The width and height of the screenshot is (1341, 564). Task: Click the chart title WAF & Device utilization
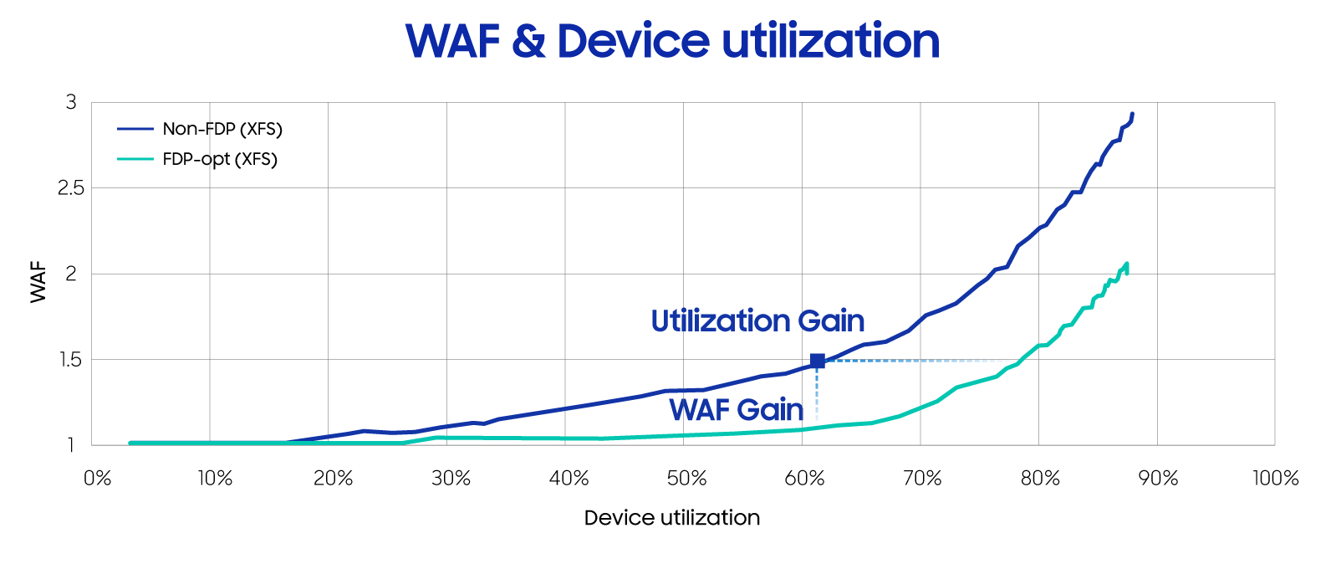[x=672, y=41]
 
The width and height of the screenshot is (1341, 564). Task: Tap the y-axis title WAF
[x=38, y=282]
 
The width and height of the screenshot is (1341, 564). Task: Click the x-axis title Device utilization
[x=671, y=518]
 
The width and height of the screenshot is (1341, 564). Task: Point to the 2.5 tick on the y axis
[x=71, y=188]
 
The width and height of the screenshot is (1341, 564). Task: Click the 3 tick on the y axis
[x=71, y=102]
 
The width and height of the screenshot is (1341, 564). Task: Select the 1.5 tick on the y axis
[x=71, y=360]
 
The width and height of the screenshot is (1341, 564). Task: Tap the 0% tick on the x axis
[x=98, y=479]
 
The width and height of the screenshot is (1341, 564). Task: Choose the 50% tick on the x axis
[x=687, y=479]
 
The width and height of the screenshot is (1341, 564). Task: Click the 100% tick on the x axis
[x=1275, y=479]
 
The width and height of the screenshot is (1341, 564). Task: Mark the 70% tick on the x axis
[x=922, y=479]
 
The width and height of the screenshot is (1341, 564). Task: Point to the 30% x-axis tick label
[x=451, y=479]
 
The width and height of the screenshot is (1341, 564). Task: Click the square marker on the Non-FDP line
[x=818, y=361]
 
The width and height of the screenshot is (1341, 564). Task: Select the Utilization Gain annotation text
[x=757, y=321]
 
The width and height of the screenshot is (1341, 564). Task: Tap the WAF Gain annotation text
[x=737, y=410]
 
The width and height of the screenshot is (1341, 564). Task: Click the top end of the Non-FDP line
[x=1132, y=114]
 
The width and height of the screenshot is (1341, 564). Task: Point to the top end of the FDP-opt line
[x=1127, y=264]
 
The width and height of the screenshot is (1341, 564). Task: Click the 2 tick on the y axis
[x=71, y=274]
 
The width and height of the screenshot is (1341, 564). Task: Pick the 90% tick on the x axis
[x=1158, y=479]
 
